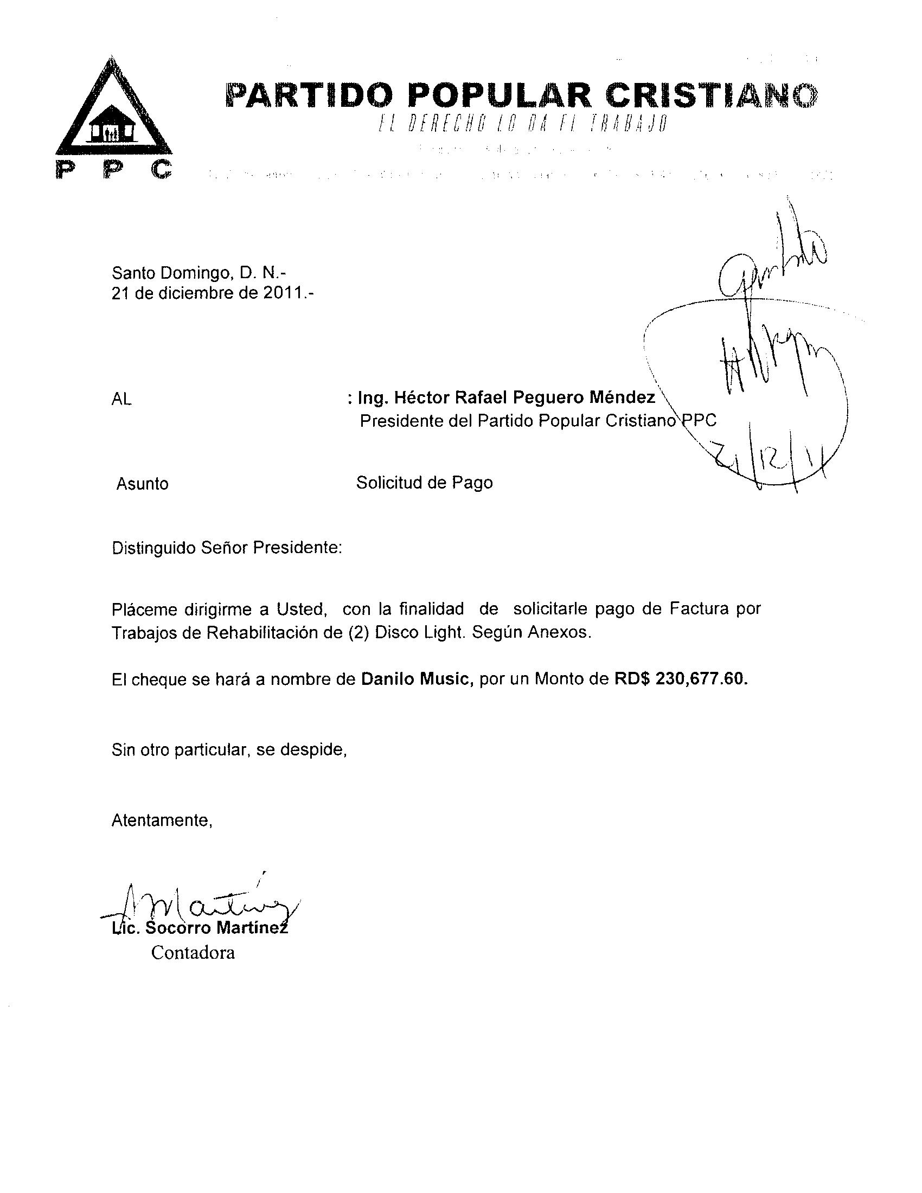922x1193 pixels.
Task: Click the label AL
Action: click(x=121, y=400)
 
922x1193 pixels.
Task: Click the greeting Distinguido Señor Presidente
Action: click(x=227, y=548)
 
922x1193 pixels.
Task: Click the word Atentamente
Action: click(x=162, y=820)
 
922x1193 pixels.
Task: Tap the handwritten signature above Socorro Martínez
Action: click(x=202, y=907)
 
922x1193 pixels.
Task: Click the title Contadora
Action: click(x=193, y=953)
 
